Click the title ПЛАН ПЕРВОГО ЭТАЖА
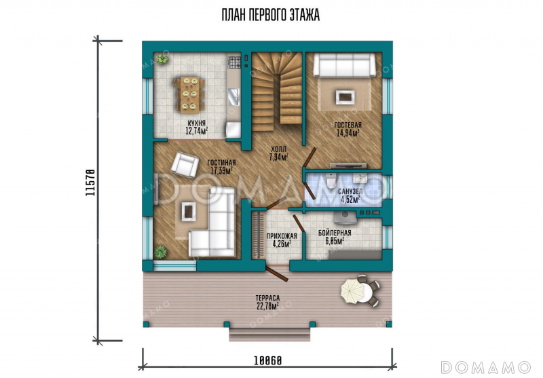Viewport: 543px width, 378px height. pyautogui.click(x=270, y=15)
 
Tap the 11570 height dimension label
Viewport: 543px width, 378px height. pyautogui.click(x=90, y=183)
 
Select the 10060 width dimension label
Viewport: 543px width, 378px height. pyautogui.click(x=267, y=360)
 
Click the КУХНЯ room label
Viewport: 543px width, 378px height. pyautogui.click(x=196, y=124)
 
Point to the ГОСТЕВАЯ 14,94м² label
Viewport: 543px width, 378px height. pyautogui.click(x=348, y=129)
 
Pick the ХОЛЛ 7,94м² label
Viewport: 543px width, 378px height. pyautogui.click(x=279, y=153)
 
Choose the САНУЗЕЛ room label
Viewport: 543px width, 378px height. pyautogui.click(x=350, y=191)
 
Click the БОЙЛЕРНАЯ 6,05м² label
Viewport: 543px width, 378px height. pyautogui.click(x=335, y=237)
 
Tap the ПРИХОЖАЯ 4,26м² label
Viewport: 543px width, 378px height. pyautogui.click(x=282, y=240)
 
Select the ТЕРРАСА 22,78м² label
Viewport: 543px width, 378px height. pyautogui.click(x=267, y=302)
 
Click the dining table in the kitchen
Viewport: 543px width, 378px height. pyautogui.click(x=190, y=94)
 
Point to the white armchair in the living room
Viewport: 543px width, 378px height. pyautogui.click(x=185, y=165)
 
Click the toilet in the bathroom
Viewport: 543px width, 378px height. pyautogui.click(x=331, y=181)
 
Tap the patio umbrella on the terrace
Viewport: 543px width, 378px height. pyautogui.click(x=352, y=291)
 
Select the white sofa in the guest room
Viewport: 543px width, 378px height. pyautogui.click(x=344, y=65)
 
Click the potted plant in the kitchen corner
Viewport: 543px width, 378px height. pyautogui.click(x=162, y=59)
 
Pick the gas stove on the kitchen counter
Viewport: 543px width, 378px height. pyautogui.click(x=234, y=62)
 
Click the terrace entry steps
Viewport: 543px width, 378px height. pyautogui.click(x=269, y=335)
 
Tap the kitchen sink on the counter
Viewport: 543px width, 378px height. pyautogui.click(x=234, y=96)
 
